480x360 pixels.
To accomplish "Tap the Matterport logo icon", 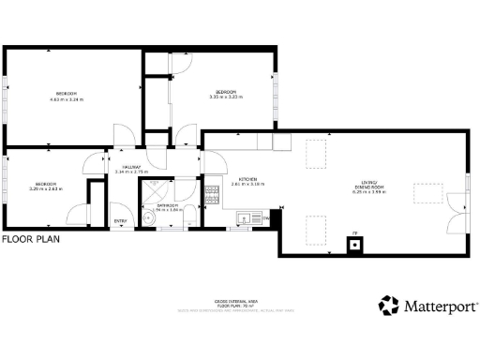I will point(389,306).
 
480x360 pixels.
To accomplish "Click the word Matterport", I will point(441,306).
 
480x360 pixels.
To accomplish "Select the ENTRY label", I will point(120,220).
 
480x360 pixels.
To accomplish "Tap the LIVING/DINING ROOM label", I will point(368,185).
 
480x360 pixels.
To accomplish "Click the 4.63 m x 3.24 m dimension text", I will point(67,98).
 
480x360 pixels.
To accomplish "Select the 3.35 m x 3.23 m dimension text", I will point(225,97).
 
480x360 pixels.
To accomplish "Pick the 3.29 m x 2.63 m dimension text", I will point(46,188).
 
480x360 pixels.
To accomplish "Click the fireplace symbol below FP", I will point(355,246).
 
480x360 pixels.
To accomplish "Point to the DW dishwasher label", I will point(266,218).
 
